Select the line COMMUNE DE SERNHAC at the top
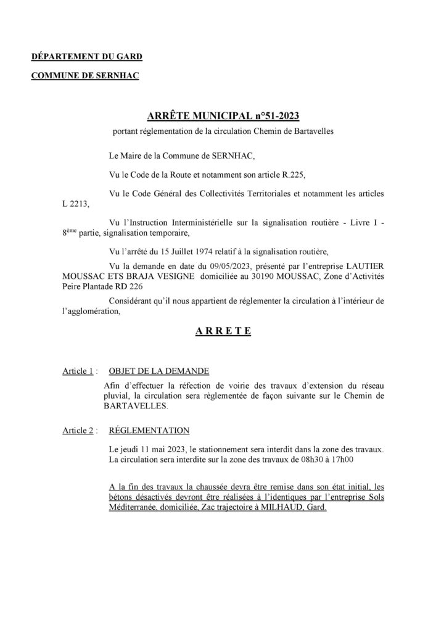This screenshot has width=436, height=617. [85, 76]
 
